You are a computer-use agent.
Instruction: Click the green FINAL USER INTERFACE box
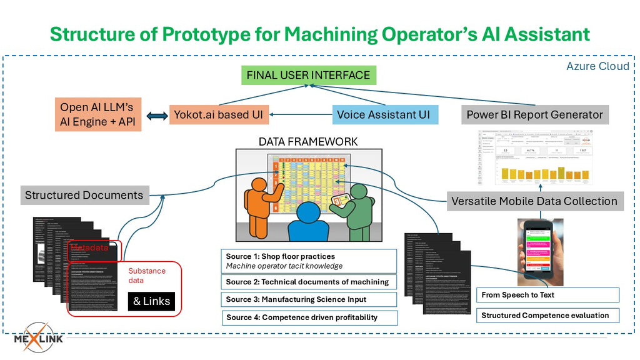[308, 76]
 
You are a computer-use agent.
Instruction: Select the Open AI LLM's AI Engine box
[97, 115]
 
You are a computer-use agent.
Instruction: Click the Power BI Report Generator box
[534, 115]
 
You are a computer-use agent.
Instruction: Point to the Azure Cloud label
[597, 66]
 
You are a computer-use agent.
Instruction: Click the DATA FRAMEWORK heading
[308, 142]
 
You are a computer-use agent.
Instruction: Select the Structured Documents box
[84, 195]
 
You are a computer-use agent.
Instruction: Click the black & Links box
[151, 301]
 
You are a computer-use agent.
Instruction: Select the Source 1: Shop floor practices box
[309, 261]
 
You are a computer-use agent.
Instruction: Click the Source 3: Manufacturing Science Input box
[309, 299]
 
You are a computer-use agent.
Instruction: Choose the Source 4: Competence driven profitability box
[309, 317]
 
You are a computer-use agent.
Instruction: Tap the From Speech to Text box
[547, 295]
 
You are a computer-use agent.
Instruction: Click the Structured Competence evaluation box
[547, 316]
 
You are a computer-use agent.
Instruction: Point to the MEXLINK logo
[39, 338]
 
